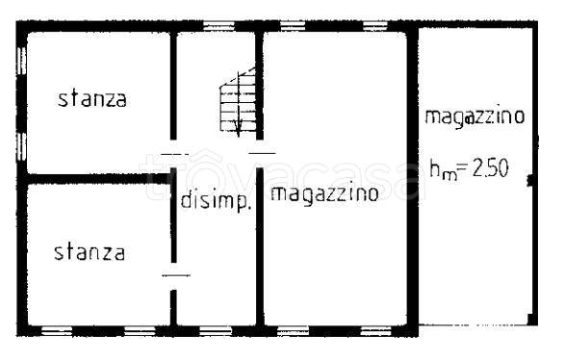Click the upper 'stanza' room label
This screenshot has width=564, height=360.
click(x=92, y=98)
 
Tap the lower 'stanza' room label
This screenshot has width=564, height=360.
click(x=89, y=252)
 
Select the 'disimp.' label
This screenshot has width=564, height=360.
click(x=217, y=202)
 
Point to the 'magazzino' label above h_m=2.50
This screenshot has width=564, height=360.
click(x=474, y=117)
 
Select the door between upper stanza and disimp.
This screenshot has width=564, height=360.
click(x=174, y=155)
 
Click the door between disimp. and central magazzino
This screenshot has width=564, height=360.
click(x=261, y=152)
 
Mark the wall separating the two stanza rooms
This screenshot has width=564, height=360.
click(x=96, y=177)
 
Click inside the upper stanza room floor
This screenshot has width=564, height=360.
click(x=96, y=135)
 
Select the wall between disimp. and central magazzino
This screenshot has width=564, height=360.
click(x=260, y=250)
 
